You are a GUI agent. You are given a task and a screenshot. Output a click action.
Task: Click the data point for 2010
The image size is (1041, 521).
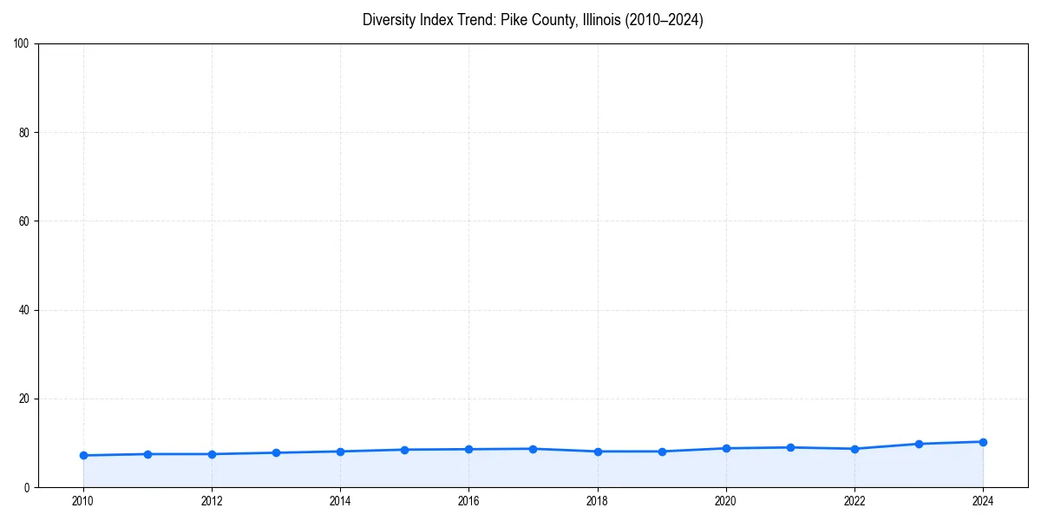83,455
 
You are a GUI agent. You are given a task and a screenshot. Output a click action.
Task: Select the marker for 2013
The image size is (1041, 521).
276,452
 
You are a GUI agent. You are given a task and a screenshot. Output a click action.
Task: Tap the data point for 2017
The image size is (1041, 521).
533,449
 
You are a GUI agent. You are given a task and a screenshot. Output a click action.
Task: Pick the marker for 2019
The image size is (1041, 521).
662,452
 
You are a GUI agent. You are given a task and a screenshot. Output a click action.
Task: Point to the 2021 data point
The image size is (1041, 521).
790,447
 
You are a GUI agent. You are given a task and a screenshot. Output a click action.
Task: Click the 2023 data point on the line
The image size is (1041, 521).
919,444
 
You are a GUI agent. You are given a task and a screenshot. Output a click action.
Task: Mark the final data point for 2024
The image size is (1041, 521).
983,442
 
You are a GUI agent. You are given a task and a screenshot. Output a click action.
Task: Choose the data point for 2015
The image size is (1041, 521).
404,450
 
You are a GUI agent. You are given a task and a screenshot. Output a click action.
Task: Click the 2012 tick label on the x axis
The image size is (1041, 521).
212,501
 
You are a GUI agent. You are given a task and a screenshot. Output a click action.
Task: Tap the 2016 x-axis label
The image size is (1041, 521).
468,501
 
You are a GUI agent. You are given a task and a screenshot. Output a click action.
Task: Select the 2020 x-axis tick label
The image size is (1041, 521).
726,501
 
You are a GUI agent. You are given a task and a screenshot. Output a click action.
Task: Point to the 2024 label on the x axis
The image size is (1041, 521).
983,501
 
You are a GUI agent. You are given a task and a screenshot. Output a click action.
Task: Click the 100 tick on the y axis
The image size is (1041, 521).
22,44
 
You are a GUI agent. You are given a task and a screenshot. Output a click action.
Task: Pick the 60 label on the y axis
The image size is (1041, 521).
24,221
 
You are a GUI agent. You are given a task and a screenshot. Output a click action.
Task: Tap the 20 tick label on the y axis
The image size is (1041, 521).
24,399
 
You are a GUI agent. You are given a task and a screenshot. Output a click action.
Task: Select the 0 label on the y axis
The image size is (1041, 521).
27,487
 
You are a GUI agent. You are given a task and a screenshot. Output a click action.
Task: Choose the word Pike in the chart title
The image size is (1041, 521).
515,20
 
